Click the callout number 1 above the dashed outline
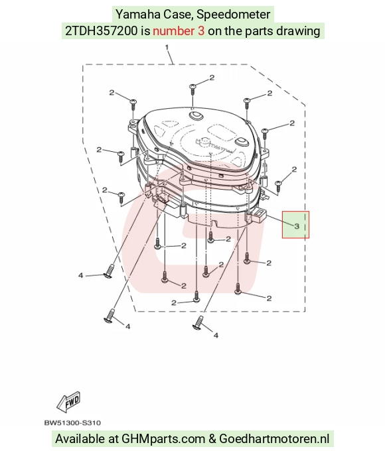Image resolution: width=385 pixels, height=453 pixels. click(167, 47)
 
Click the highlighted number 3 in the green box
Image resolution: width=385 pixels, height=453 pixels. click(297, 226)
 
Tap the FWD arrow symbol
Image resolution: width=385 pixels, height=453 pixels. click(68, 402)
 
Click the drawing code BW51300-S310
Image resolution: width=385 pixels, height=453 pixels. click(72, 423)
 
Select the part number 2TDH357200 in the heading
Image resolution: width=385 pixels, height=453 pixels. click(101, 31)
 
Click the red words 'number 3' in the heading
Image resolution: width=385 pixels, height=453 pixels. click(179, 31)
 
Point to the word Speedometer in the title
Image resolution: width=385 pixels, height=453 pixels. click(234, 15)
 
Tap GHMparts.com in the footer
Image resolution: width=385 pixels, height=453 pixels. click(163, 438)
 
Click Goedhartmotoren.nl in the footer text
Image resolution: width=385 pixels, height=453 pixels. click(274, 438)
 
